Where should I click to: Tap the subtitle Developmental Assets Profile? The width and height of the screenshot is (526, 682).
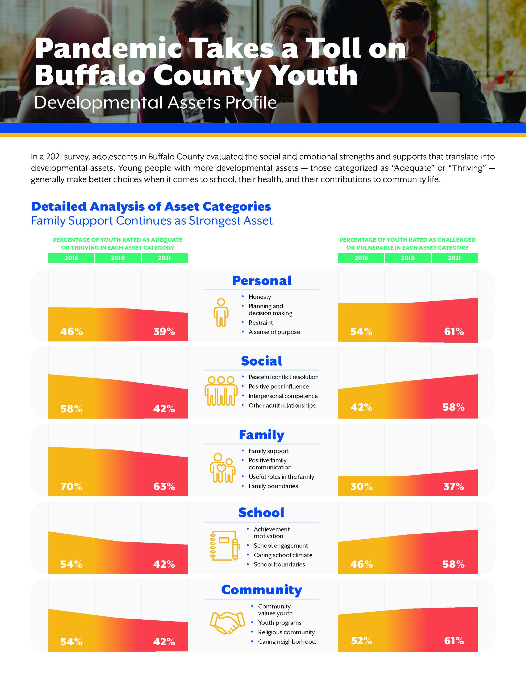tap(155, 102)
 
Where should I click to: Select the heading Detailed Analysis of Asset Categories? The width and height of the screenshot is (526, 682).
tap(151, 206)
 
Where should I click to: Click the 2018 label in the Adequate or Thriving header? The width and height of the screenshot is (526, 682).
tap(118, 258)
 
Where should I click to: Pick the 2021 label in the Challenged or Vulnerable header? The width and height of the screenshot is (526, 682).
tap(454, 258)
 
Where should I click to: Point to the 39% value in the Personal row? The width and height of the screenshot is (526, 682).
tap(164, 331)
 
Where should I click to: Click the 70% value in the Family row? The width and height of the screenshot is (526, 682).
tap(72, 486)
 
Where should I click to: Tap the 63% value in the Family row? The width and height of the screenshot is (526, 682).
tap(164, 486)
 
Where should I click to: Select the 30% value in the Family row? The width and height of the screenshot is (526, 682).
tap(361, 486)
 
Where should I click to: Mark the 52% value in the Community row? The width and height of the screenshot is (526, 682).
tap(361, 641)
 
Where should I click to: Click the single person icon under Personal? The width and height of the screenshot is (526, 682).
tap(221, 312)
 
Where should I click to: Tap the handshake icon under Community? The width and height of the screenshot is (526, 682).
tap(227, 623)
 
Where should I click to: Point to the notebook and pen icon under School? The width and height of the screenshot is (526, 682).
tap(225, 546)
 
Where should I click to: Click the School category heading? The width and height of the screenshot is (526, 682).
tap(261, 513)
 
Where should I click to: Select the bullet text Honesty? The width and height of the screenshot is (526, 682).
tap(260, 297)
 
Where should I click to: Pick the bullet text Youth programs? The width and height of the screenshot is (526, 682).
tap(280, 623)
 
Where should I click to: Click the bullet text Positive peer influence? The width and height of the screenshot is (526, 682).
tap(278, 387)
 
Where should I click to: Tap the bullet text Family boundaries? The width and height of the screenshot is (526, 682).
tap(273, 486)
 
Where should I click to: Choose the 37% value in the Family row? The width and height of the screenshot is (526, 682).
tap(454, 486)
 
